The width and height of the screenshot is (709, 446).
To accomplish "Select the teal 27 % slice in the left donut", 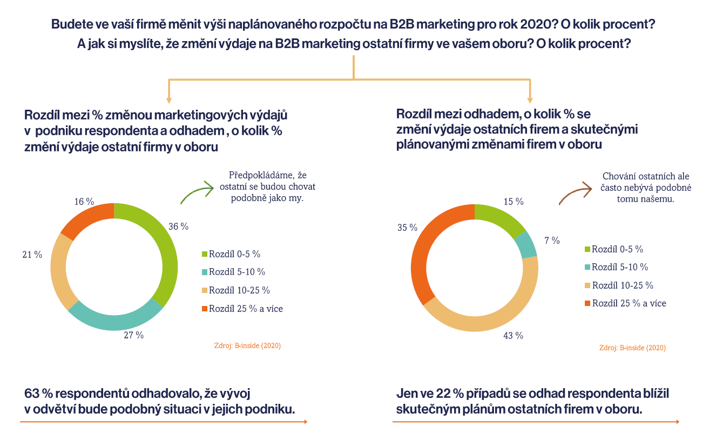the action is [x=114, y=323].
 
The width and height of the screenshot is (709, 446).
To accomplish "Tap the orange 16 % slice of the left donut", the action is [x=85, y=217].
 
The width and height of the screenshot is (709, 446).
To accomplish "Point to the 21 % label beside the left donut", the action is [x=32, y=255].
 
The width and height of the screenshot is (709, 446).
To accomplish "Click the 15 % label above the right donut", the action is [x=514, y=202].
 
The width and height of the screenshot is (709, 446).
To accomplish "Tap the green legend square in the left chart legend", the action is [x=205, y=254].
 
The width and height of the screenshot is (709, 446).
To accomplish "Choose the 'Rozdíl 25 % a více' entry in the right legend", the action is [x=625, y=303].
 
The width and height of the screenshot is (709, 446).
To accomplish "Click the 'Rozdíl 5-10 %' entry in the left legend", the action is [x=234, y=272].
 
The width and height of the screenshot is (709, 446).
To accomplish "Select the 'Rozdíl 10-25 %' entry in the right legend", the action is [x=619, y=285].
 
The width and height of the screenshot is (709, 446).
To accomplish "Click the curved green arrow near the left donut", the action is [x=198, y=191].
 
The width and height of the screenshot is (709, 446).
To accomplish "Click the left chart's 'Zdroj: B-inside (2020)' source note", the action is [x=247, y=345].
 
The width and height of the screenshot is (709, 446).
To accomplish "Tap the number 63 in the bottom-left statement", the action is [x=32, y=394].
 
